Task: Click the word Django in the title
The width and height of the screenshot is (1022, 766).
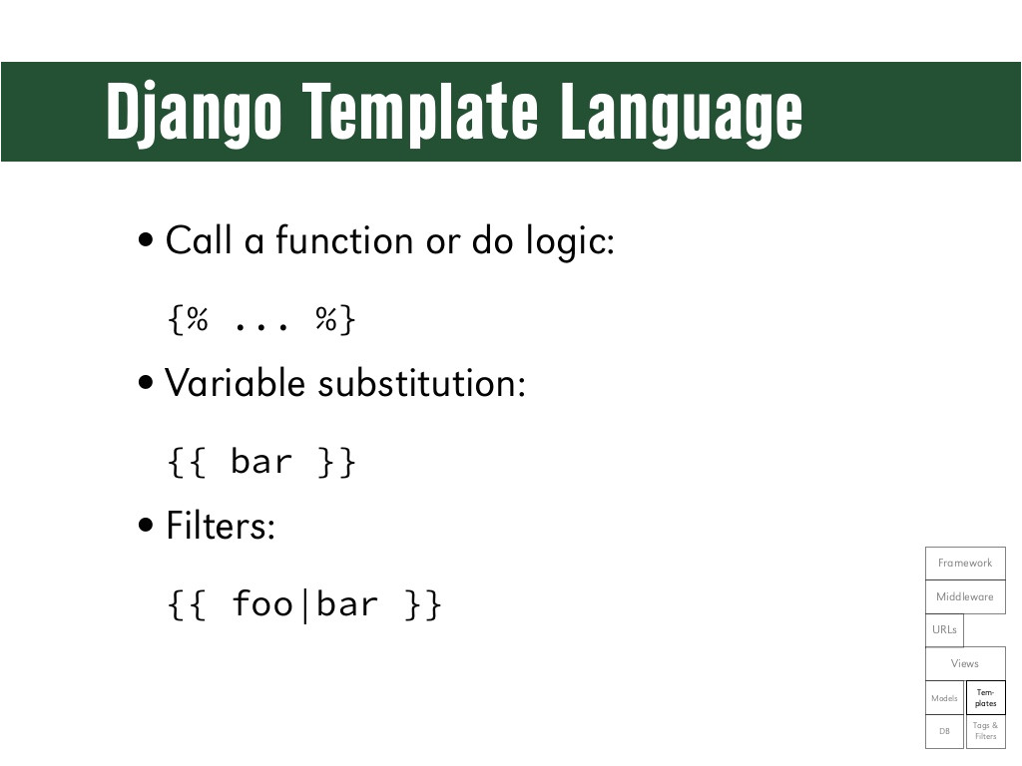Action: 195,112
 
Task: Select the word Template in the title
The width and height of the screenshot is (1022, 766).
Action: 420,111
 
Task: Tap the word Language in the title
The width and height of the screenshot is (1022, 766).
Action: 681,112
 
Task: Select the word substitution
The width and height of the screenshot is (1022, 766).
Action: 421,382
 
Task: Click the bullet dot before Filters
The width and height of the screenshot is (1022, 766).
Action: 146,525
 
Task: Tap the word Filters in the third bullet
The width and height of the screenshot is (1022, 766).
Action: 221,525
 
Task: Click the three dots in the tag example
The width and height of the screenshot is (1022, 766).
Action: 260,325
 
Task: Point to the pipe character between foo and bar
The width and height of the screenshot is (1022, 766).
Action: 305,605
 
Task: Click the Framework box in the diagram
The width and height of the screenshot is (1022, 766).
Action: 965,563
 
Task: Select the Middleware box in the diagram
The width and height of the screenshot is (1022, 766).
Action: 965,596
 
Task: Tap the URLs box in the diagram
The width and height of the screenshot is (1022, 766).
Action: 944,630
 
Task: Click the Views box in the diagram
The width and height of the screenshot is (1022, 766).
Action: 965,663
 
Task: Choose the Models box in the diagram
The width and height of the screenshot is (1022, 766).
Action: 944,697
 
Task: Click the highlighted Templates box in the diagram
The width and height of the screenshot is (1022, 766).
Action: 985,697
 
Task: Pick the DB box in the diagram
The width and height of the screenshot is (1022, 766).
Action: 944,731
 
